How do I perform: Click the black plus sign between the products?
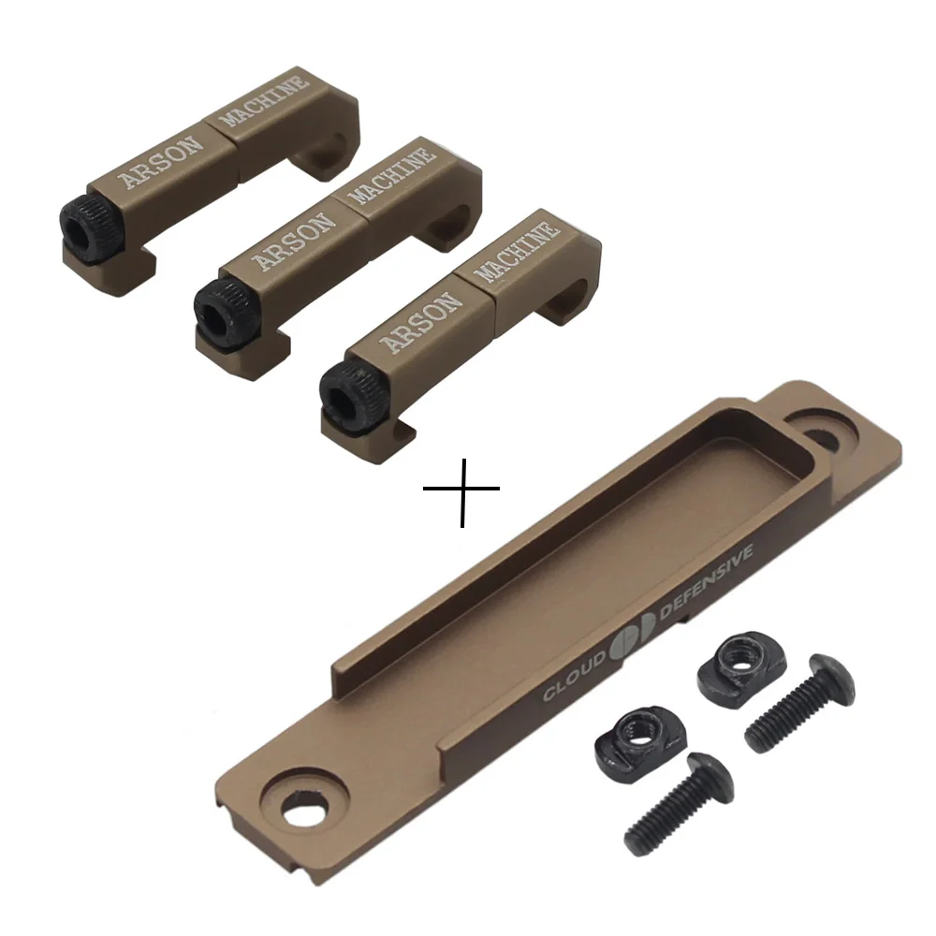pyautogui.click(x=462, y=490)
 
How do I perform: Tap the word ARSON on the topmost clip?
pyautogui.click(x=161, y=162)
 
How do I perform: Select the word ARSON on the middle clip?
pyautogui.click(x=294, y=241)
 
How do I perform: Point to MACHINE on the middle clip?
pyautogui.click(x=391, y=176)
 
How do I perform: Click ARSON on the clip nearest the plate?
pyautogui.click(x=421, y=322)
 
